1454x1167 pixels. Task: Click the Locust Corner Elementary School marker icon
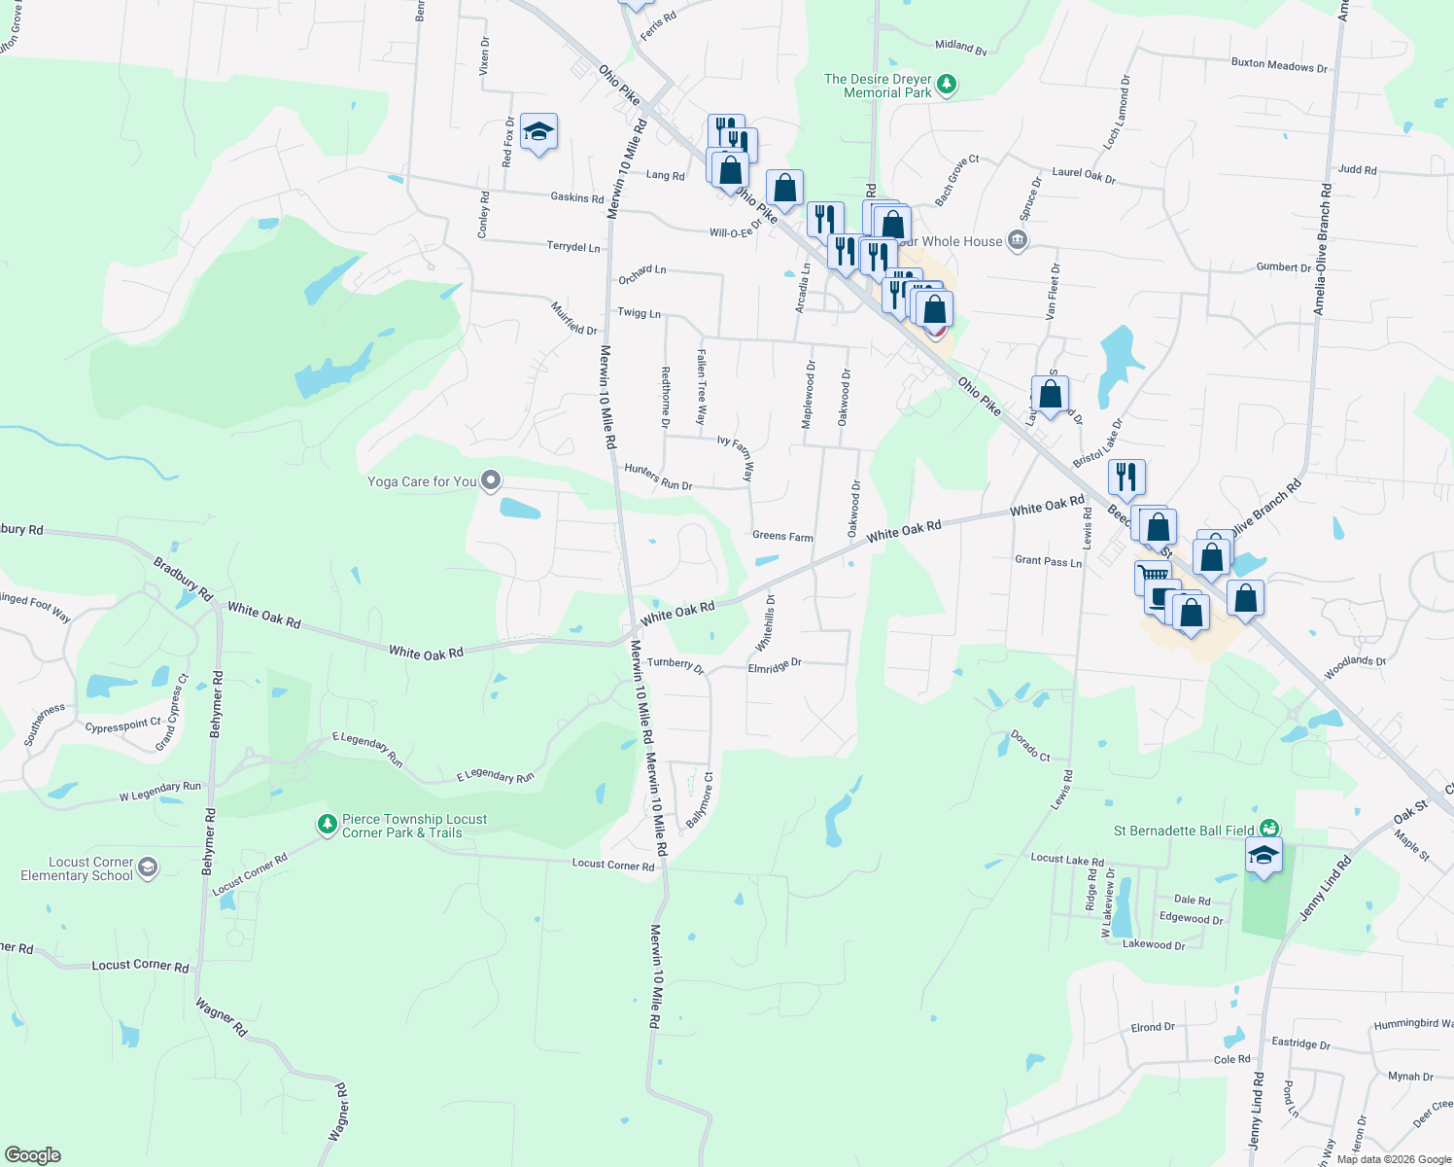148,867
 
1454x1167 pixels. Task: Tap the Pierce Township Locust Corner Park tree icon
328,825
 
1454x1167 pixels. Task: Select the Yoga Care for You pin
492,480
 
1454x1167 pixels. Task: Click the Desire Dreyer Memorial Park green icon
947,86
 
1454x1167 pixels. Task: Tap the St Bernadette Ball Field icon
1268,830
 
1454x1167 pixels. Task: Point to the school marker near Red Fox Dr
537,132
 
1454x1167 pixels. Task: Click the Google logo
32,1155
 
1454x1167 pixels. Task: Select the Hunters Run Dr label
658,477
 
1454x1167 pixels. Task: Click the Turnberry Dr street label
675,665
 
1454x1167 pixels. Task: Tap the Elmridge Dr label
775,666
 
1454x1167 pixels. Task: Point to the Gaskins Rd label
577,197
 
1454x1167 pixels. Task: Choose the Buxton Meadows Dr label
1279,65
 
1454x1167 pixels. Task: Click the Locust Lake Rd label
1067,860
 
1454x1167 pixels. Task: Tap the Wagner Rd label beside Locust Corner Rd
222,1016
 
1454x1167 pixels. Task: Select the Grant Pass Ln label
1048,561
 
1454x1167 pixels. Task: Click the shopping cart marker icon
1153,577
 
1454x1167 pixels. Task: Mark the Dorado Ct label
1030,746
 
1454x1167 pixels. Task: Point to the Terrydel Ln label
573,247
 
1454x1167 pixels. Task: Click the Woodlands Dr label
1355,667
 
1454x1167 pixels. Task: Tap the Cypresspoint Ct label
123,725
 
